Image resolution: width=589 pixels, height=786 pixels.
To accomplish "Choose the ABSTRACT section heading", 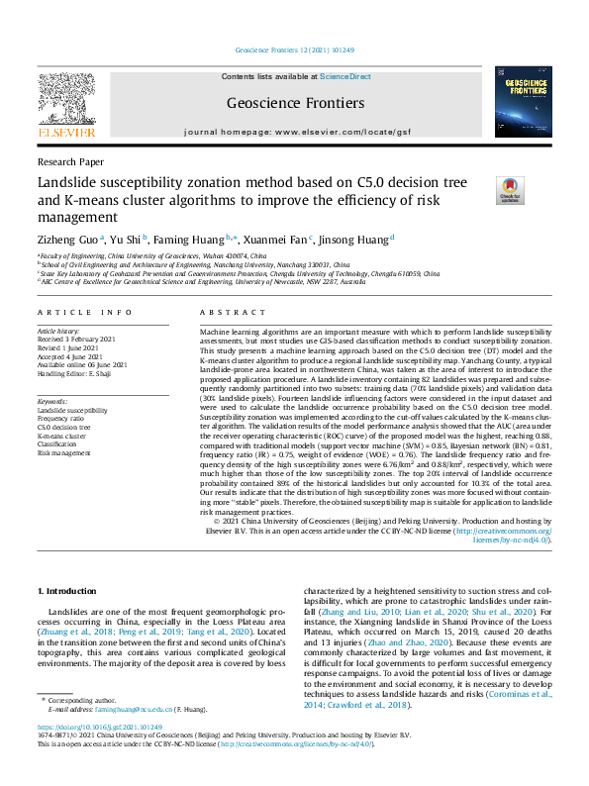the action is tap(227, 311).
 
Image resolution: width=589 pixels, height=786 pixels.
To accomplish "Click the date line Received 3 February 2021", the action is tap(90, 340).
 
